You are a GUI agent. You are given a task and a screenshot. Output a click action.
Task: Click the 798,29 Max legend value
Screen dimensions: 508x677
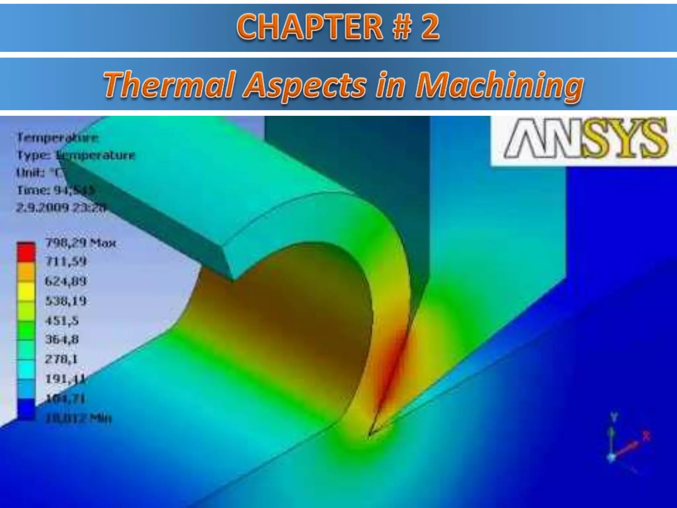point(81,243)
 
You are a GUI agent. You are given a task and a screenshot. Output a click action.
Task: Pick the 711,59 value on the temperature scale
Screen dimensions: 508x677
point(65,262)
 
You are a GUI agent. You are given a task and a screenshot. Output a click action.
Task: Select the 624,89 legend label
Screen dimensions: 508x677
point(65,281)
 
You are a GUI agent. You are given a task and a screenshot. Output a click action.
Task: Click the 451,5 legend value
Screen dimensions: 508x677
point(62,320)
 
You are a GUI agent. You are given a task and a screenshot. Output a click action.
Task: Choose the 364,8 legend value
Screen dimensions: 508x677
point(62,339)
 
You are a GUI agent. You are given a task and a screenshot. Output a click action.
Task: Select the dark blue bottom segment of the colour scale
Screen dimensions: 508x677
point(26,409)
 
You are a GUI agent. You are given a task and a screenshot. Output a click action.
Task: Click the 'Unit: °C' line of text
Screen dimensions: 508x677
point(41,173)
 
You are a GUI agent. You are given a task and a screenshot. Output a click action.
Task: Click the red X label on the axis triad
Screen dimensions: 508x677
point(646,436)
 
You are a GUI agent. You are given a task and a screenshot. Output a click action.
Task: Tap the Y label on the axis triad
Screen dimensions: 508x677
point(614,417)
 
